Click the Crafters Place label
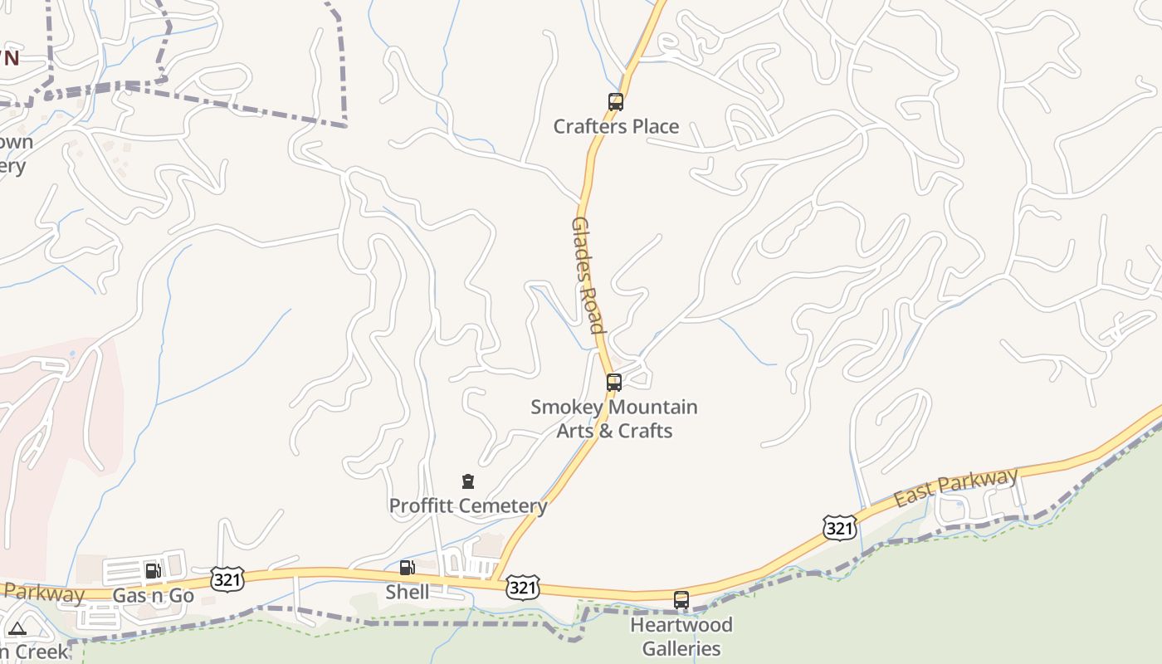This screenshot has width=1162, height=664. point(616,126)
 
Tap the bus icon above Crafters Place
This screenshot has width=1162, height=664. point(616,102)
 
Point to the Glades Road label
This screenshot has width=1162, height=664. point(587,275)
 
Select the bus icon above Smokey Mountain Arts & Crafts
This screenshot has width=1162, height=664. point(614,383)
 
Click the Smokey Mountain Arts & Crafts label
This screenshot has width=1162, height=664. point(614,419)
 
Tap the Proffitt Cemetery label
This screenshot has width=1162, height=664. point(468,505)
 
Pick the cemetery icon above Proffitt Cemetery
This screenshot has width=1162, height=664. point(468,481)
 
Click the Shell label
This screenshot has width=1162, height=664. point(408,592)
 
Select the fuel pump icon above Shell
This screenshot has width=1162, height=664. point(407,568)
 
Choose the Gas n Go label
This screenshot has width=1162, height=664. point(153,595)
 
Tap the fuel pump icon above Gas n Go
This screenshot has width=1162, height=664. point(153,571)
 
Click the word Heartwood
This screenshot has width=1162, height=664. point(681,624)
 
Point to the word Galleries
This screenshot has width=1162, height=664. point(681,648)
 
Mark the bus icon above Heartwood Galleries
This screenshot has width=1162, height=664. point(681,599)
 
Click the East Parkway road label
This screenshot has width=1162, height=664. point(956,487)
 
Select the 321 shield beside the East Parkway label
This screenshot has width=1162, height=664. point(840,527)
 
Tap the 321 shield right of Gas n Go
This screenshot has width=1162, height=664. point(227,579)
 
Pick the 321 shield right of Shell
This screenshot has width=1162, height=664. point(523,588)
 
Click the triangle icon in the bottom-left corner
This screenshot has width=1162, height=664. point(17,629)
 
